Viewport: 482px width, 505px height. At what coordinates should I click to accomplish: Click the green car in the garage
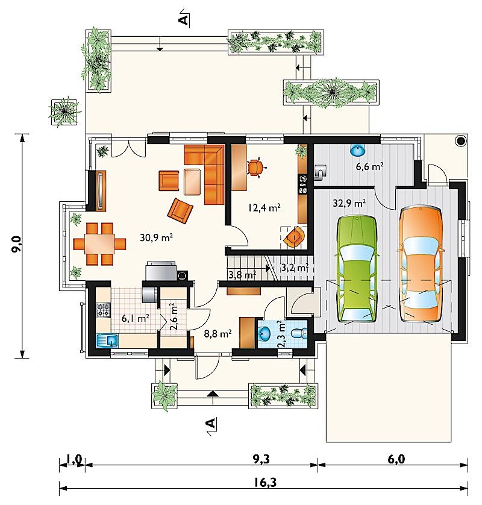(x=357, y=269)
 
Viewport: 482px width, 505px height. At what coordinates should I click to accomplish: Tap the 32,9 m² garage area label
(x=349, y=203)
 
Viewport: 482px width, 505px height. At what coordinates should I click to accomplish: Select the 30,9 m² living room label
(x=157, y=237)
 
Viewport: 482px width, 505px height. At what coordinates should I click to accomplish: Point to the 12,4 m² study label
(x=264, y=207)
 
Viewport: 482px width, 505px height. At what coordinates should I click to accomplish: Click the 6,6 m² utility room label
(x=369, y=166)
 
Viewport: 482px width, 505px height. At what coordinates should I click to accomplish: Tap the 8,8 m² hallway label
(x=218, y=334)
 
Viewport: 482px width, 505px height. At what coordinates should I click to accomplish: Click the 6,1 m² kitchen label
(x=135, y=319)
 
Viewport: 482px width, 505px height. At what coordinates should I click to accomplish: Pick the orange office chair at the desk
(x=256, y=167)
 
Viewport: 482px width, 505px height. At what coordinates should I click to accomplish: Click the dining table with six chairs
(x=99, y=244)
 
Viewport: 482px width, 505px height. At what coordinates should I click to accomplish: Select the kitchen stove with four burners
(x=104, y=310)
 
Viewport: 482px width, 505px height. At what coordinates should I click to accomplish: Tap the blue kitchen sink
(x=107, y=340)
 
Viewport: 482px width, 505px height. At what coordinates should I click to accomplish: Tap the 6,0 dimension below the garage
(x=396, y=459)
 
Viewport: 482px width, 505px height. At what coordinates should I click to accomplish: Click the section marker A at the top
(x=184, y=18)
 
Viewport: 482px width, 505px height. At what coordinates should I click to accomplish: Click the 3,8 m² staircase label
(x=242, y=275)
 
